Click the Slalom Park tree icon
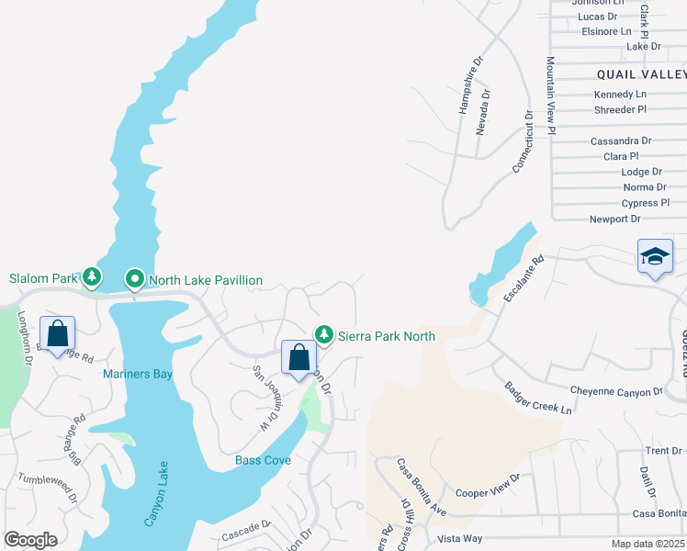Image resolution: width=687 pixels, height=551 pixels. tap(91, 276)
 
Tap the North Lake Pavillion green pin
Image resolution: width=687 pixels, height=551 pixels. tap(135, 277)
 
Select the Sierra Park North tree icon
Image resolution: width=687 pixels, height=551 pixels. tap(323, 334)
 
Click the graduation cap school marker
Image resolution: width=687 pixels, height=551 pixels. tap(655, 257)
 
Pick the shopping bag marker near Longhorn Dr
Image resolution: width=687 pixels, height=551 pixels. tap(57, 334)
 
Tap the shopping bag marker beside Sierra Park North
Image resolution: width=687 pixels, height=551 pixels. tap(298, 359)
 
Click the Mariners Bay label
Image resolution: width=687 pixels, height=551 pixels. tap(138, 374)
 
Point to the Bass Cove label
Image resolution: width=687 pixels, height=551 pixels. tap(263, 459)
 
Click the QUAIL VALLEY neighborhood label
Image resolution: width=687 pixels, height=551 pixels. tap(640, 73)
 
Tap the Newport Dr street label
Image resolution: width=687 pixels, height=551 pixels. tap(614, 219)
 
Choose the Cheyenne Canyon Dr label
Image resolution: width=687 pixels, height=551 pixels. tap(616, 391)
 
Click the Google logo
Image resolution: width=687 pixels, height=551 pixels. tap(30, 539)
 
